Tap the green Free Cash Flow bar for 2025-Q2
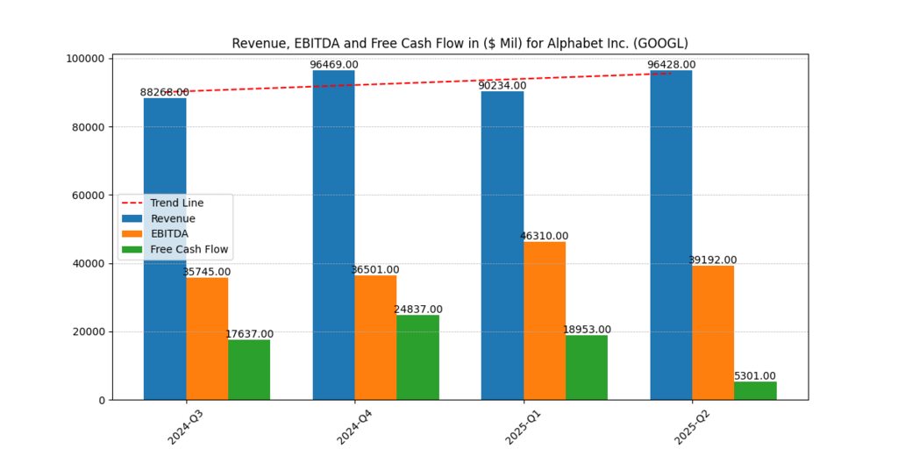click(755, 391)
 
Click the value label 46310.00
click(545, 236)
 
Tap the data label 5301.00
click(755, 376)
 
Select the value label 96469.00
click(334, 65)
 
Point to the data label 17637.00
click(249, 334)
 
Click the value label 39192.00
click(713, 260)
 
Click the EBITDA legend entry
click(169, 234)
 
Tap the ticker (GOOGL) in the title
click(663, 43)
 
